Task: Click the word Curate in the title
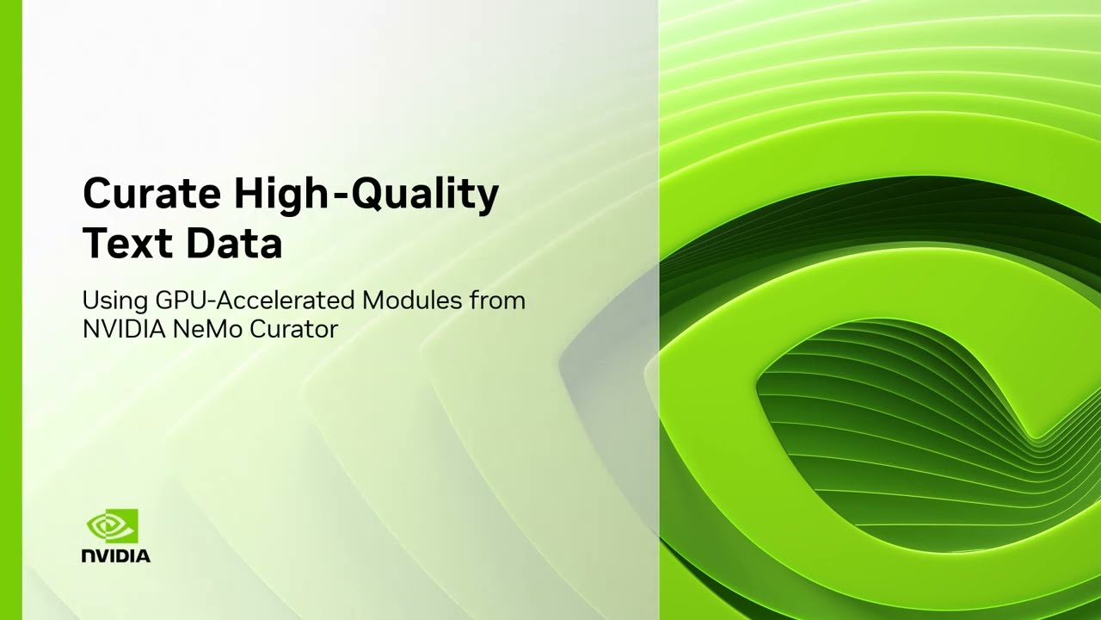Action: [x=151, y=194]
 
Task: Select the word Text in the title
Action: [x=126, y=244]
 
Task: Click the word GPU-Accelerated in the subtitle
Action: [x=255, y=301]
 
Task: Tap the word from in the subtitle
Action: [x=497, y=301]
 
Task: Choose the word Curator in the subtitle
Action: [x=293, y=328]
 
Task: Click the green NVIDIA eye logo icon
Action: [x=113, y=526]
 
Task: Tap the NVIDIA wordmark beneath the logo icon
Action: [x=116, y=556]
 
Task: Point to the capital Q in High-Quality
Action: [x=368, y=195]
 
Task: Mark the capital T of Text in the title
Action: [x=97, y=244]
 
